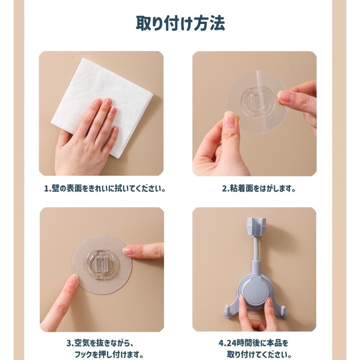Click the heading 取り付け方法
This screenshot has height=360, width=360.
(180, 23)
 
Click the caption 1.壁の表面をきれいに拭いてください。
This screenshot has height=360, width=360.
(105, 189)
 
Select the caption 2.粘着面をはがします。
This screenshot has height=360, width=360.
(258, 189)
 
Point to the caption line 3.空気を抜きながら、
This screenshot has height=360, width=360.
(100, 344)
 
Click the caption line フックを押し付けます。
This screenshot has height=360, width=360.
(109, 354)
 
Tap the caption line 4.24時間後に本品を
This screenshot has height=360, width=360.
(254, 344)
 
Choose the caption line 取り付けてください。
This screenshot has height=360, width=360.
(260, 354)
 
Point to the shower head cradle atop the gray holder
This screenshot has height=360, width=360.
(256, 226)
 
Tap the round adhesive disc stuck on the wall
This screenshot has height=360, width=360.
(102, 264)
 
